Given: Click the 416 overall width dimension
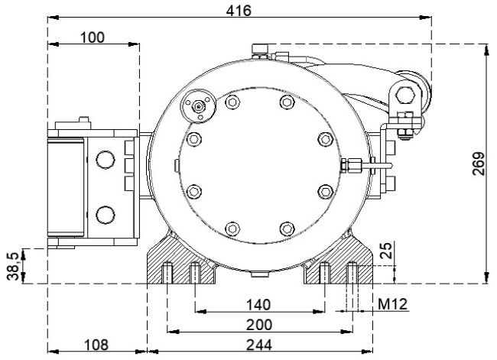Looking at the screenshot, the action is point(239,11).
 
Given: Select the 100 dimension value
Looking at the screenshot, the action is point(93,37).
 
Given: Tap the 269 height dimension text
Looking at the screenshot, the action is point(479,164).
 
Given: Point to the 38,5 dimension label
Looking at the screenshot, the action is point(13,266).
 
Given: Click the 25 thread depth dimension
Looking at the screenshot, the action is point(385,251).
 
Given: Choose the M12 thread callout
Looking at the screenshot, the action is point(392,304).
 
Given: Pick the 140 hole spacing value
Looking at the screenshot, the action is point(258,305).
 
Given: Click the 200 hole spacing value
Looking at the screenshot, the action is point(259,325).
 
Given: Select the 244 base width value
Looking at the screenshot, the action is point(259,345).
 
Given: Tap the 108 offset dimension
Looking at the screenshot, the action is point(96,345).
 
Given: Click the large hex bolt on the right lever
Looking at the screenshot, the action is point(405,95).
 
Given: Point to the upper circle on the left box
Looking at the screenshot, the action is point(106,160).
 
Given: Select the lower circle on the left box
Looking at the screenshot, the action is point(106,215).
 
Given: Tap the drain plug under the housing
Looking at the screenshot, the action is point(260,274).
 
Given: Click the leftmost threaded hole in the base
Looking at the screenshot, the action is point(167,273).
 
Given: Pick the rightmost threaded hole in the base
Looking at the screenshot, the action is point(352,273).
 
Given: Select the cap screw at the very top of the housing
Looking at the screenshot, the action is point(261,51).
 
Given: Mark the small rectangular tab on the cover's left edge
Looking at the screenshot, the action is point(177,166).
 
